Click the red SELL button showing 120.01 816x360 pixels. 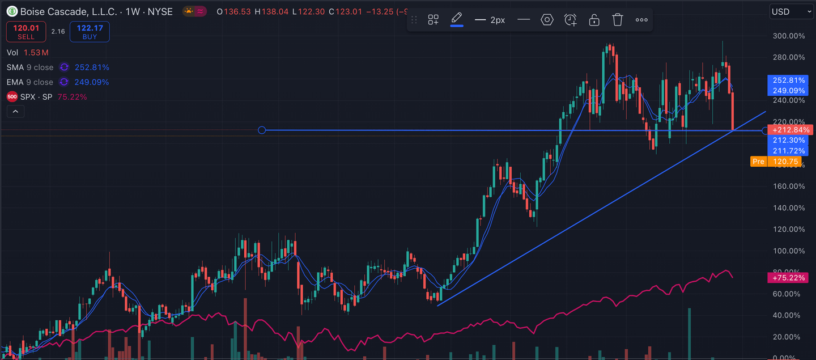coord(26,31)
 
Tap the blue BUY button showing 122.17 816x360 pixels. coord(90,31)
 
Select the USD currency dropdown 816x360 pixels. coord(792,11)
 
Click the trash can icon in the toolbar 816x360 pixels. coord(618,20)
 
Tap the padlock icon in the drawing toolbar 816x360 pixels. coord(594,20)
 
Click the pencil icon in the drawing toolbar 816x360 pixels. coord(457,19)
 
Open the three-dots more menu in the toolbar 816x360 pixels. coord(641,20)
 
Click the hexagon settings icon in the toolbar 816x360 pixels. coord(547,20)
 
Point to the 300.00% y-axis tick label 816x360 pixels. coord(789,36)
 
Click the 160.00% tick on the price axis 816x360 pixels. coord(789,186)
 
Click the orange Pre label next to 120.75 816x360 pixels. coord(758,162)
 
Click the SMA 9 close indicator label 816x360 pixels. coord(30,67)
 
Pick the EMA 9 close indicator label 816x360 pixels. coord(30,82)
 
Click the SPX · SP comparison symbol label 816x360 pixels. coord(36,97)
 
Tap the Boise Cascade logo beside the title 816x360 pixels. coord(11,12)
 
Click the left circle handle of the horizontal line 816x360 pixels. coord(262,130)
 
